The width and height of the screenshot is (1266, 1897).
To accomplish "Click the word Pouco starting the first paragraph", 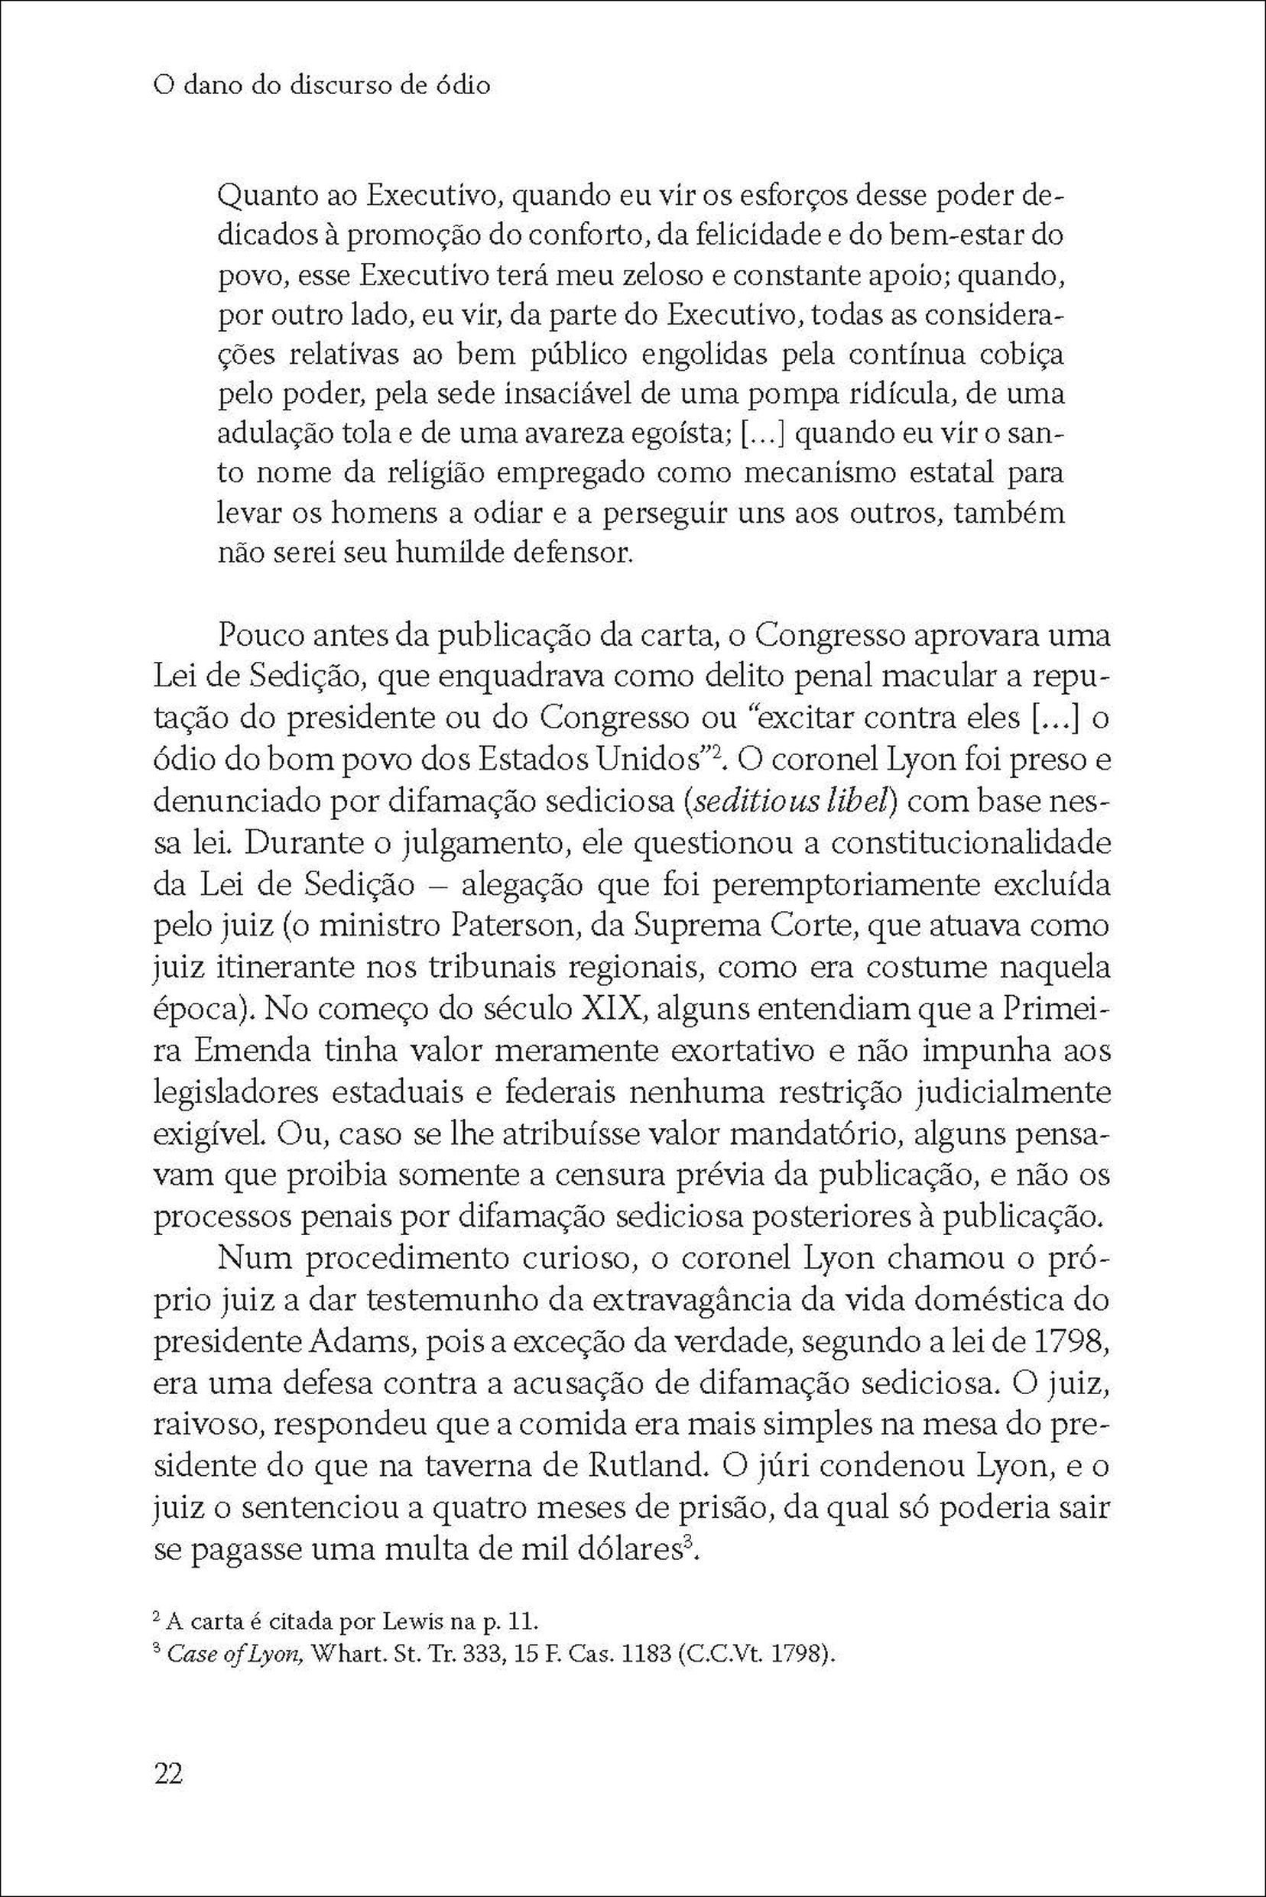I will click(x=267, y=636).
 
